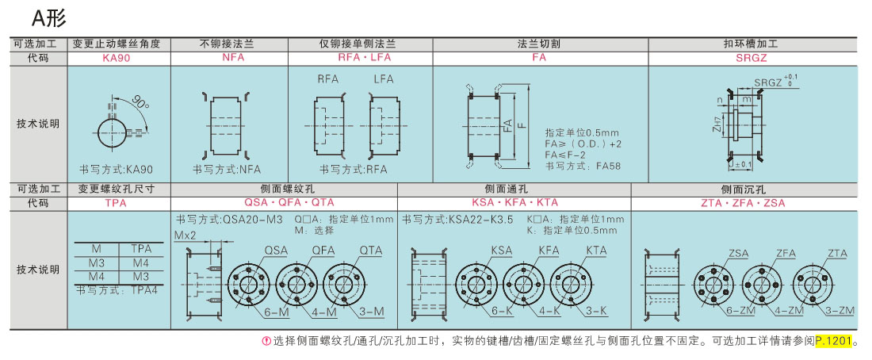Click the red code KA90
pos(117,57)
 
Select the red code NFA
pos(229,57)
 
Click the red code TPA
pos(117,203)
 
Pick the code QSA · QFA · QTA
pos(289,203)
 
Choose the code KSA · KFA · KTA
pos(514,203)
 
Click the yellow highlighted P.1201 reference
pos(833,341)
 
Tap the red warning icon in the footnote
pos(266,341)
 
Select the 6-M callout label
pos(277,312)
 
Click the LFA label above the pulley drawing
pos(383,79)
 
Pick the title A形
pos(49,19)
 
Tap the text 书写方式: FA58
pos(583,165)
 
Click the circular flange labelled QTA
pos(346,281)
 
